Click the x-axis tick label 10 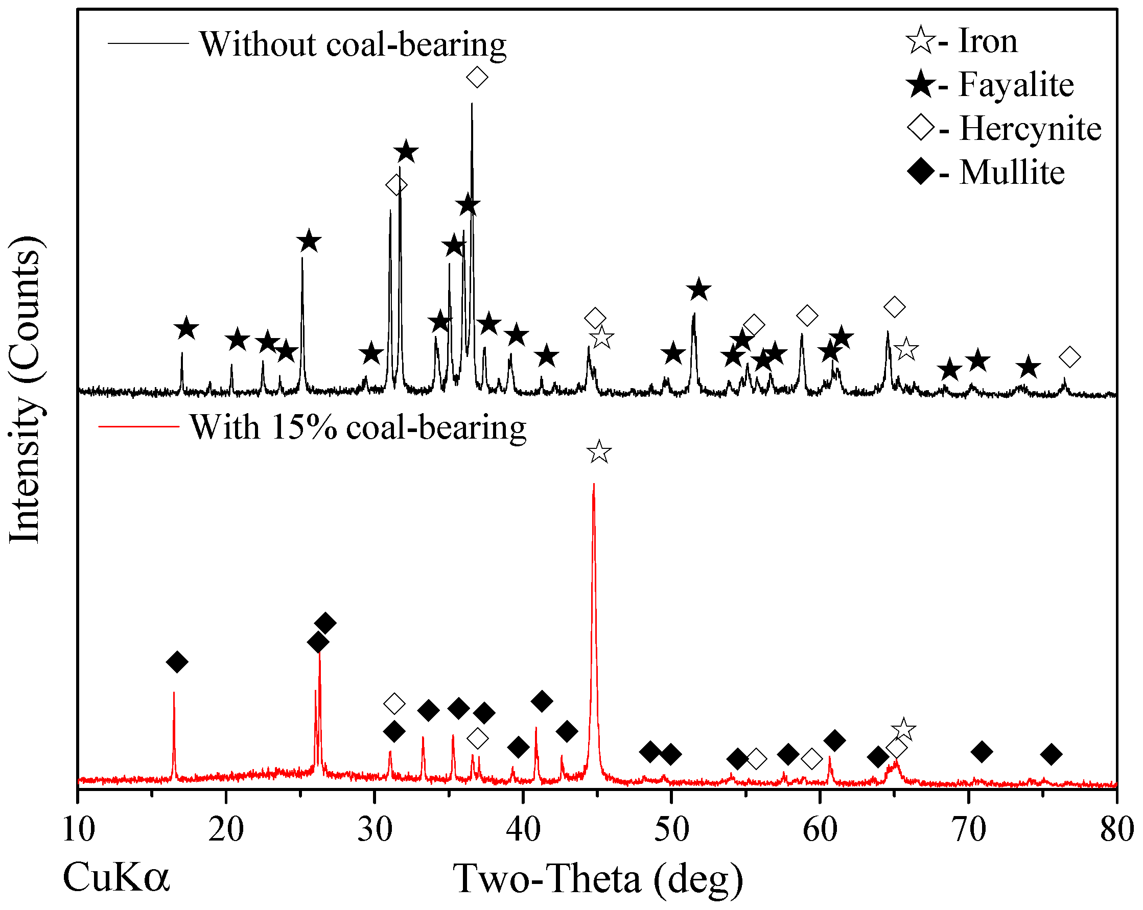79,829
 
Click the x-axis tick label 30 375,829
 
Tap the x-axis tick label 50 672,829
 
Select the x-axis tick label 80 1116,829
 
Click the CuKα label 116,877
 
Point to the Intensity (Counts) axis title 25,390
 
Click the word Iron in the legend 988,41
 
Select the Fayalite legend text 1016,85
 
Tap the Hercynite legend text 1030,129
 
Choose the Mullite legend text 1012,173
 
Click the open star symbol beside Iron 921,40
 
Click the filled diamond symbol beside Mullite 921,172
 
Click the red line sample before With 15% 139,426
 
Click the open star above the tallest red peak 599,451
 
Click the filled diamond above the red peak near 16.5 177,661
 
